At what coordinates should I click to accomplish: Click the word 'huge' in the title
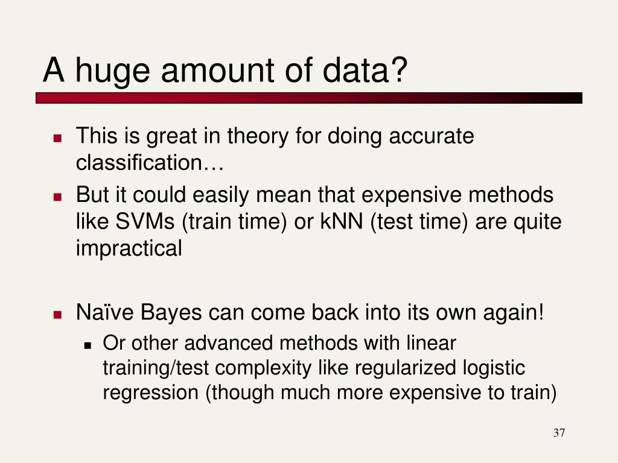[112, 72]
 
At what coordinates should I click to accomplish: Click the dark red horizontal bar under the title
[309, 98]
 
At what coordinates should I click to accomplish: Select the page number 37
[559, 433]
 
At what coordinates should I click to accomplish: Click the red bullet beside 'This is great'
[58, 138]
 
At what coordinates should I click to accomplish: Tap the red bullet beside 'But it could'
[58, 197]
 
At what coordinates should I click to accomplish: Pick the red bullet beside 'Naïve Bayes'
[58, 314]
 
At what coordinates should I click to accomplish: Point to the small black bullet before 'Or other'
[88, 345]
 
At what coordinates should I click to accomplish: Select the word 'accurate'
[431, 136]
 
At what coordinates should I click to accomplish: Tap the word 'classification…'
[150, 162]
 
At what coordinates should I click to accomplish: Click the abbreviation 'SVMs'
[145, 221]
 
